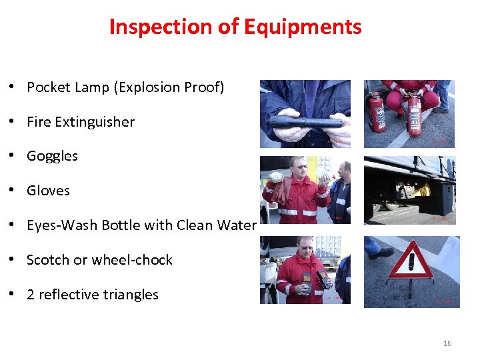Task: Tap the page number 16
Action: pos(447,343)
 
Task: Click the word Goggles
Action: pos(52,156)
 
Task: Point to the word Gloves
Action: pos(48,191)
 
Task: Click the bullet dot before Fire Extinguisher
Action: pos(13,122)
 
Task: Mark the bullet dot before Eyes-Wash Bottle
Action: pos(13,225)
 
